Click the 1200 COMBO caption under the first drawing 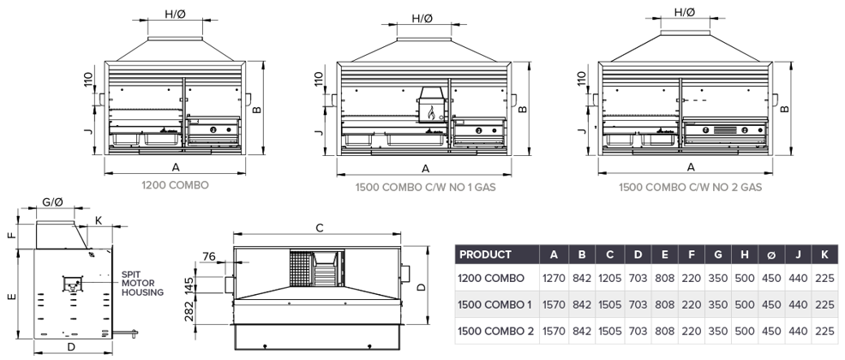tap(175, 185)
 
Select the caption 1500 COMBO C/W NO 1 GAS tap(425, 188)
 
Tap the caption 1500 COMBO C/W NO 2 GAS tap(690, 188)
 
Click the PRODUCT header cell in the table tap(486, 255)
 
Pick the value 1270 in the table tap(554, 279)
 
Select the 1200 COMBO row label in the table tap(491, 279)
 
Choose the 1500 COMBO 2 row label tap(496, 331)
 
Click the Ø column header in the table tap(771, 255)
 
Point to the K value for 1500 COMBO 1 tap(824, 305)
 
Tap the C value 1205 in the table tap(609, 279)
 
